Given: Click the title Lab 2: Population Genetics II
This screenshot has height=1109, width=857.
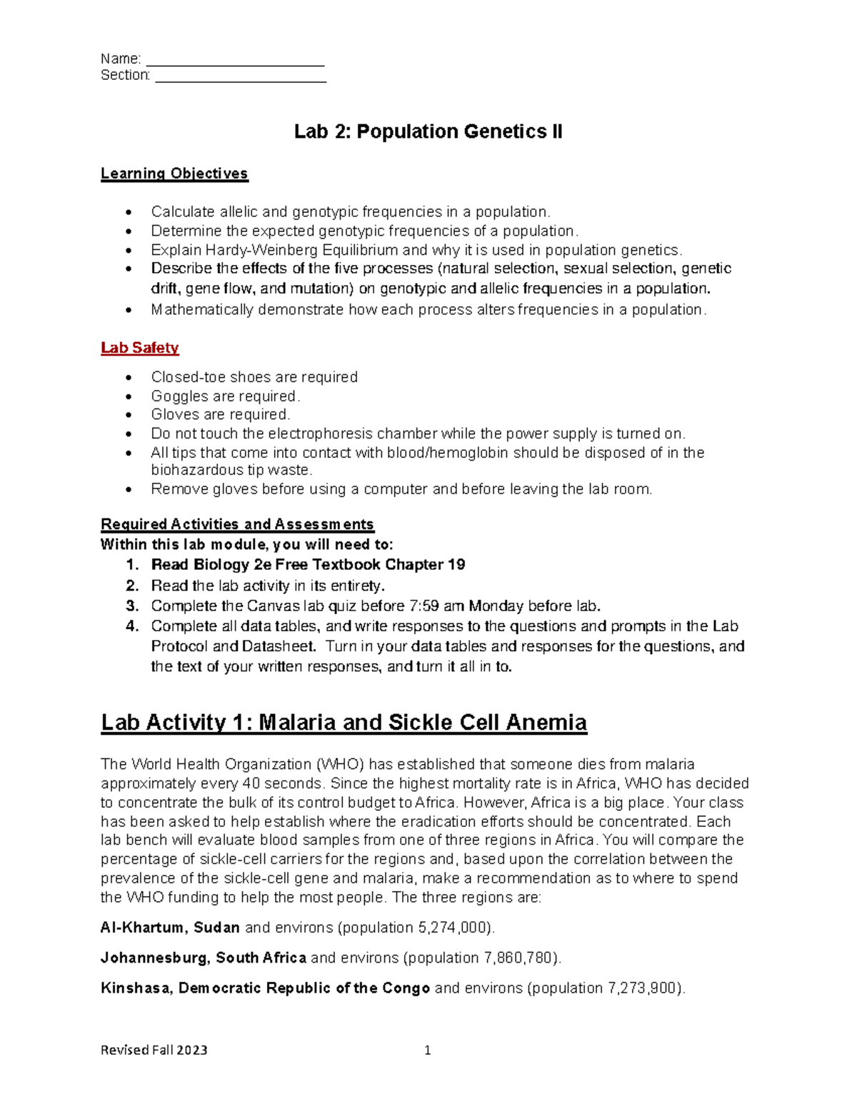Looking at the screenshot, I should [x=428, y=132].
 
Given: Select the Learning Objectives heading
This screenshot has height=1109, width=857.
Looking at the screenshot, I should [x=174, y=174].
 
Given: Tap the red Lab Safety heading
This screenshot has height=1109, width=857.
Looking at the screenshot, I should [x=140, y=348].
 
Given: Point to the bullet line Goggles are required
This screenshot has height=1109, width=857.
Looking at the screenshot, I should [x=225, y=396].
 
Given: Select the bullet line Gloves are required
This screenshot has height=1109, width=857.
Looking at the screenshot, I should [x=220, y=414].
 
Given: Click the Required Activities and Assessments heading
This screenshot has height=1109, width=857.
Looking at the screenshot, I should [x=237, y=524].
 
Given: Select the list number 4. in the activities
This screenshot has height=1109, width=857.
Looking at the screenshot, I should [x=132, y=626].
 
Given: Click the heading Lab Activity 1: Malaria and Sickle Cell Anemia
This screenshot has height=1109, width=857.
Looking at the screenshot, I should [x=344, y=722].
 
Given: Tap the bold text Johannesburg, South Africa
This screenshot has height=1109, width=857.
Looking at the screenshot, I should [x=204, y=958].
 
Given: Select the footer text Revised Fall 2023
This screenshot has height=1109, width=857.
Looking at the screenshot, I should [x=154, y=1050].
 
